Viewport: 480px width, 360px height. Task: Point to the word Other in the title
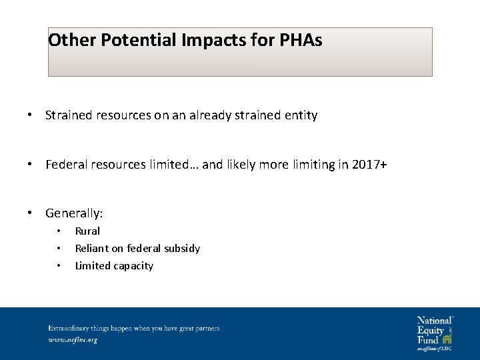pos(73,41)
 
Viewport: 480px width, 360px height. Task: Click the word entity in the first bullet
pos(301,115)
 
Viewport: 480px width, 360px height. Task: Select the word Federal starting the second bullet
pos(65,164)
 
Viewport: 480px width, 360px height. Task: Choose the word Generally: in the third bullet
pos(74,213)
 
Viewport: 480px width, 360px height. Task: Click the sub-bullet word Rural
pos(87,231)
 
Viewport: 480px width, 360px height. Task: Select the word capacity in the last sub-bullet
pos(133,266)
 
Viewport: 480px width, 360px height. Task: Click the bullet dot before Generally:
pos(31,213)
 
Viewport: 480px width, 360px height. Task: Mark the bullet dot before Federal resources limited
pos(31,164)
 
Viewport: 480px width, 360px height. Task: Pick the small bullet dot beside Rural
pos(59,231)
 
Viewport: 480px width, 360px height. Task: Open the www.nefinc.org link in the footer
pos(73,339)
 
